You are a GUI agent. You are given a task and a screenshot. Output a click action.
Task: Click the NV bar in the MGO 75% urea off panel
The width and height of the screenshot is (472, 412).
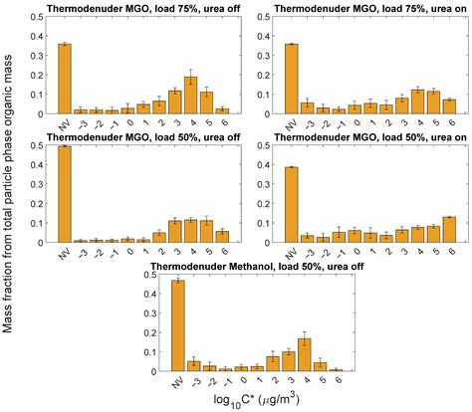pyautogui.click(x=64, y=79)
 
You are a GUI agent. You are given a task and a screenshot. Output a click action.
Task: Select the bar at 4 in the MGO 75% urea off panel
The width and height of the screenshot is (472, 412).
pyautogui.click(x=190, y=96)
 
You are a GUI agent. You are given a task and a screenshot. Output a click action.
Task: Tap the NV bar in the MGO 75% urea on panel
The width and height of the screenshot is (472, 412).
pyautogui.click(x=291, y=79)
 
